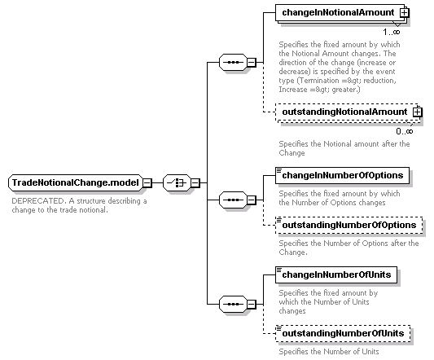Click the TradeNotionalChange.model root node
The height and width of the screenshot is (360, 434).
(76, 182)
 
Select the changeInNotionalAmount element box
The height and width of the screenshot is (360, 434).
(340, 12)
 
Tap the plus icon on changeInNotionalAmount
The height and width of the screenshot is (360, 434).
(404, 12)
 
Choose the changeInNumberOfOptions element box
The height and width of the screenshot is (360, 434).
(342, 175)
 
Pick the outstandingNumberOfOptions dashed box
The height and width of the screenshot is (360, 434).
(349, 225)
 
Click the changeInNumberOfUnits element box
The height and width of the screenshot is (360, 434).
(336, 274)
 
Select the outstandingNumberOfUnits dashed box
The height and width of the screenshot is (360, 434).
(343, 333)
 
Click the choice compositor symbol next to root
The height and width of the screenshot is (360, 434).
(177, 182)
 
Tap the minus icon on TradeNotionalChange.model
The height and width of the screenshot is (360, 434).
(147, 182)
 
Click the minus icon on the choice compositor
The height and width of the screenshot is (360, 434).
(195, 182)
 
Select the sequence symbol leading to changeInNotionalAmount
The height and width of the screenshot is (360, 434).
(233, 62)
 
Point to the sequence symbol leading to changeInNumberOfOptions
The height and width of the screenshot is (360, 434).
(233, 200)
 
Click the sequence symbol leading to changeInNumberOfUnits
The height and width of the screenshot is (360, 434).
(233, 304)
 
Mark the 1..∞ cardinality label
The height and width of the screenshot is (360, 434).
(392, 32)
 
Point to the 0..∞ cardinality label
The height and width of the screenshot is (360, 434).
(405, 131)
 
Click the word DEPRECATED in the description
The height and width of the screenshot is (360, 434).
(38, 201)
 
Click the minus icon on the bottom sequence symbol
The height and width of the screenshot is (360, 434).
(251, 304)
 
